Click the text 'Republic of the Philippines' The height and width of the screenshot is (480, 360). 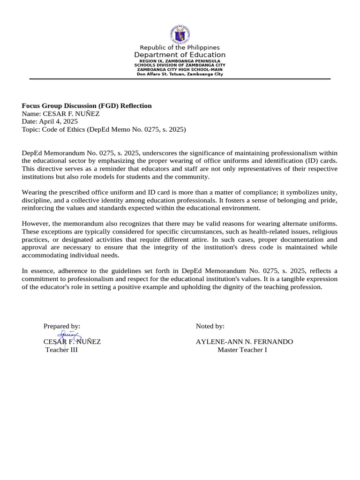[x=180, y=48]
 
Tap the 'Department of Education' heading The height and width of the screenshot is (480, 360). [x=180, y=55]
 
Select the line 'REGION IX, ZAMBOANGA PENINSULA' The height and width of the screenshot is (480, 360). [x=180, y=61]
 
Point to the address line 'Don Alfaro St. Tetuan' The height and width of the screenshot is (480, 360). [x=180, y=74]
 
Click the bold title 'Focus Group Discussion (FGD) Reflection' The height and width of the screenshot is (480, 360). [x=87, y=106]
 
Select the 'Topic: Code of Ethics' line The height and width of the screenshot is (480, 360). [x=104, y=129]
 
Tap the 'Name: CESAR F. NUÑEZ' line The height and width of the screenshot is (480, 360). [x=61, y=113]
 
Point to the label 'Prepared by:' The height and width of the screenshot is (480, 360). [x=62, y=326]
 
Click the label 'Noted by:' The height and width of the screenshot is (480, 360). [x=210, y=326]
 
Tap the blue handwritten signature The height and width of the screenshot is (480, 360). [x=69, y=336]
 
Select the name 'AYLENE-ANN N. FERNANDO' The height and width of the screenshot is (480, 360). [x=244, y=342]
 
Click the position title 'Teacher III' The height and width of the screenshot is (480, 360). [x=61, y=350]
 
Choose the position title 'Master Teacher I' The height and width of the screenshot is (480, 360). [x=242, y=350]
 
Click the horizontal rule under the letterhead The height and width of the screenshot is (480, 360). [x=180, y=79]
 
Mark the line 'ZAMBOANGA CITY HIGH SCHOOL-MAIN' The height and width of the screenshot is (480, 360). [x=180, y=70]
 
